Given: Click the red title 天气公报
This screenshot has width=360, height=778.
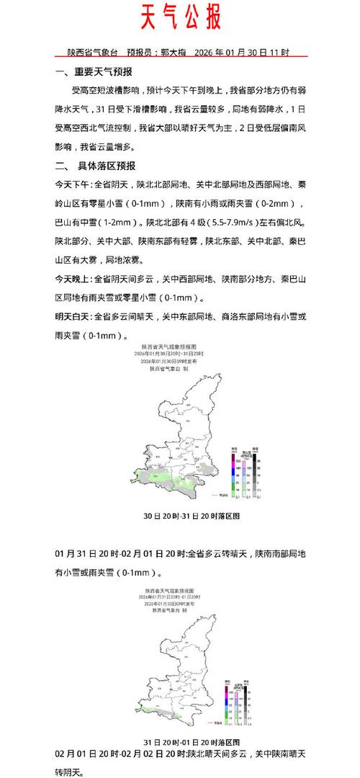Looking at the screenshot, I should [179, 17].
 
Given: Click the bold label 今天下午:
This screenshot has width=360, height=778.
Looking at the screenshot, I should [74, 184].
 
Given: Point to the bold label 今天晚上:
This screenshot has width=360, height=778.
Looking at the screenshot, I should [74, 278].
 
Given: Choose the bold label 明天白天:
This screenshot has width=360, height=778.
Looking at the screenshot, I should [74, 316].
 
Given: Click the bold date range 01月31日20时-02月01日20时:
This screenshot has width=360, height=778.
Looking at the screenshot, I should [121, 553].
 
